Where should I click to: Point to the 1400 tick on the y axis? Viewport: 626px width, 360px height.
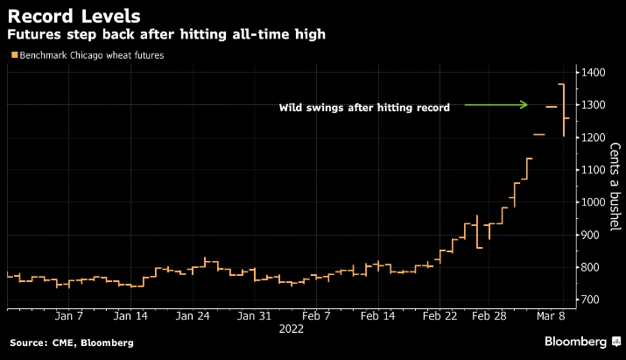[597, 73]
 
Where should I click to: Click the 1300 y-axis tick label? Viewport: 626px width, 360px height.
[597, 105]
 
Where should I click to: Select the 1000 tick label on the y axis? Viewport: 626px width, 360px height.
[597, 202]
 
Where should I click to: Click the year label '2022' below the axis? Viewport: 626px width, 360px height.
[291, 329]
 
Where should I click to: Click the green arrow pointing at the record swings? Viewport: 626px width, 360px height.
[496, 105]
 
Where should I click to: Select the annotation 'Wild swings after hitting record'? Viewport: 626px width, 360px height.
[364, 108]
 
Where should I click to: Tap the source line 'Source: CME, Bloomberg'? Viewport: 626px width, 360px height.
[71, 342]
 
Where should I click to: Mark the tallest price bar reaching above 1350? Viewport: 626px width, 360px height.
[563, 109]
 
